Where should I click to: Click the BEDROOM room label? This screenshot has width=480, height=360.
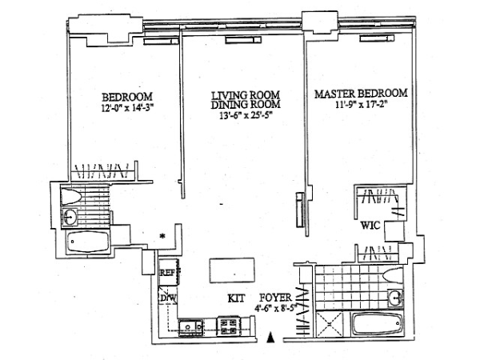tap(127, 97)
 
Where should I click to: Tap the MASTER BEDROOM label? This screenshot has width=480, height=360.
tap(362, 94)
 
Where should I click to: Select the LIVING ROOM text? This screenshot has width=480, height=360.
tap(246, 95)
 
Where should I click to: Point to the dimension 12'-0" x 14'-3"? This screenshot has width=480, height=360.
tap(127, 108)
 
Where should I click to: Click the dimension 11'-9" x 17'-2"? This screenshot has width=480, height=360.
tap(362, 105)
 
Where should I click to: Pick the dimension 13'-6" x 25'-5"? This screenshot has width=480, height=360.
tap(246, 115)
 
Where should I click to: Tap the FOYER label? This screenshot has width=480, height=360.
tap(275, 298)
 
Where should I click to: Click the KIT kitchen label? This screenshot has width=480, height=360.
tap(236, 298)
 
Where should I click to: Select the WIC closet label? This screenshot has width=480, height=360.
tap(370, 226)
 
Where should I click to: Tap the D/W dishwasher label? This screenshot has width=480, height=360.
tap(168, 298)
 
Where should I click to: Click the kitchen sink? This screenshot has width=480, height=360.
tap(190, 327)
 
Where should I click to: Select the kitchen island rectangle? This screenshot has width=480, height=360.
tap(232, 270)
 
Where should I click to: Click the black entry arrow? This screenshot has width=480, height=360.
tap(270, 338)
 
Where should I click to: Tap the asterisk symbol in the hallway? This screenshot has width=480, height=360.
tap(162, 236)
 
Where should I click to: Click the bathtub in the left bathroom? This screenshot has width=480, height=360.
tap(88, 242)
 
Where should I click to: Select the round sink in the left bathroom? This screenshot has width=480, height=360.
tap(70, 217)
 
